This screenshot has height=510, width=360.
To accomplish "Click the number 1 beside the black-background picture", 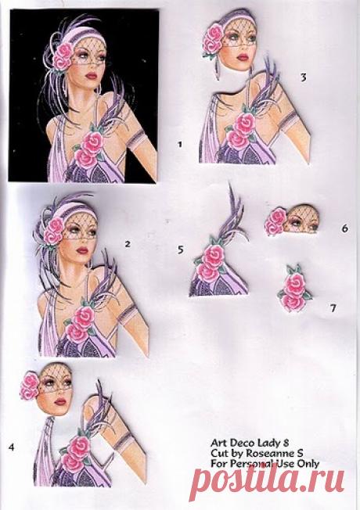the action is [179, 144].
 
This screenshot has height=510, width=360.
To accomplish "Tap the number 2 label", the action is [128, 243].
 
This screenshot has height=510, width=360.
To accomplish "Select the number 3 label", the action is [304, 77].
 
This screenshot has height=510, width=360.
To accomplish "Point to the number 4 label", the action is [12, 447].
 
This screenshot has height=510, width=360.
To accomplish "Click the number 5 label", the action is [180, 250].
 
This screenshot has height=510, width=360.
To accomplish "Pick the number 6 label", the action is [344, 228].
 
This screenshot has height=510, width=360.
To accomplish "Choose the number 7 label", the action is [333, 307].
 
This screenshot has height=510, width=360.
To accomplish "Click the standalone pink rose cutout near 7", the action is [293, 289].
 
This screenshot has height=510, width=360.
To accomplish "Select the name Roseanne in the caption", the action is [267, 453].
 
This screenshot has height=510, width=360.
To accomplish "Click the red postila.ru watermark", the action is [267, 480].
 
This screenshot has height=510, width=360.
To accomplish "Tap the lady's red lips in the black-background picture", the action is [92, 75].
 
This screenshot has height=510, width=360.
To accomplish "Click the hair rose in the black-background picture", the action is [63, 56].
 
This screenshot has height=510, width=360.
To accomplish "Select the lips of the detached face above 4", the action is [60, 401].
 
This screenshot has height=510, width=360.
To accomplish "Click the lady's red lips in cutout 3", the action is [243, 57].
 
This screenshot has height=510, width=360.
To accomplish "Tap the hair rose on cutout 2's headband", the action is [54, 230].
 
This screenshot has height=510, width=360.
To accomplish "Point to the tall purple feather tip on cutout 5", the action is [230, 185].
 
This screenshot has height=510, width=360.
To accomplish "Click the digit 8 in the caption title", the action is [286, 443].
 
